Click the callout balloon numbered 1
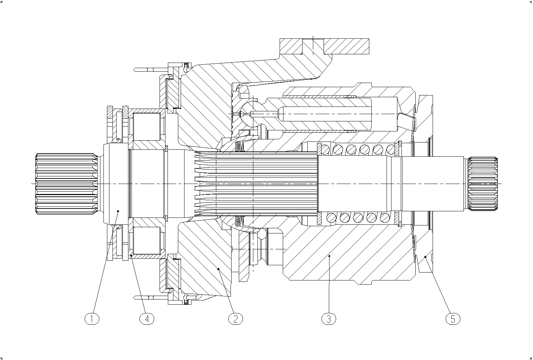92,319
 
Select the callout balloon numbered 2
236,319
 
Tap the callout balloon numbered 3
329,319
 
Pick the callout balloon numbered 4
147,319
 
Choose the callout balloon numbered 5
453,319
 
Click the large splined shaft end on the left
66,184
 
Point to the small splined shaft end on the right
483,184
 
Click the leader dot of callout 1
118,211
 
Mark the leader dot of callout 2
218,269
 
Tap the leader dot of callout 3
329,256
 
